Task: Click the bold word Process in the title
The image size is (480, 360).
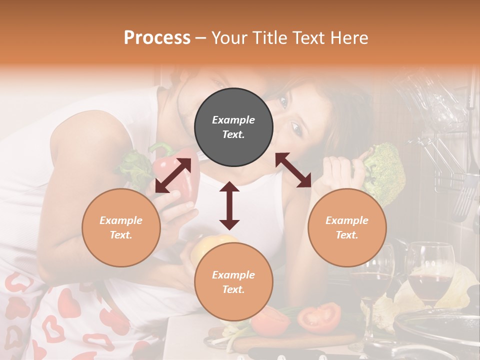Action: pyautogui.click(x=157, y=38)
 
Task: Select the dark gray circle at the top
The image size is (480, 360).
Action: pyautogui.click(x=233, y=127)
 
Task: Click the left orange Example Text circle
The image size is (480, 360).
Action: pyautogui.click(x=121, y=227)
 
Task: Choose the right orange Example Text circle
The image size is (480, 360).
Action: pyautogui.click(x=347, y=227)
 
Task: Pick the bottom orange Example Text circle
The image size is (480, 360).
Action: pyautogui.click(x=233, y=282)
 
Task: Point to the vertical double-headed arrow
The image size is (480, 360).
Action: pyautogui.click(x=229, y=205)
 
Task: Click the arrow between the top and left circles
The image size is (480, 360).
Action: pyautogui.click(x=173, y=175)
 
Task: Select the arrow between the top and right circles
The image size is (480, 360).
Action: pyautogui.click(x=293, y=170)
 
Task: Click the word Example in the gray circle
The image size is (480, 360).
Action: pyautogui.click(x=233, y=120)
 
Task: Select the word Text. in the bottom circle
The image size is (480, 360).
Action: pyautogui.click(x=233, y=289)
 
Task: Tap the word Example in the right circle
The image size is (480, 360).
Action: pyautogui.click(x=347, y=220)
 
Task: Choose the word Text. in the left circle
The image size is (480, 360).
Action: pyautogui.click(x=121, y=235)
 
